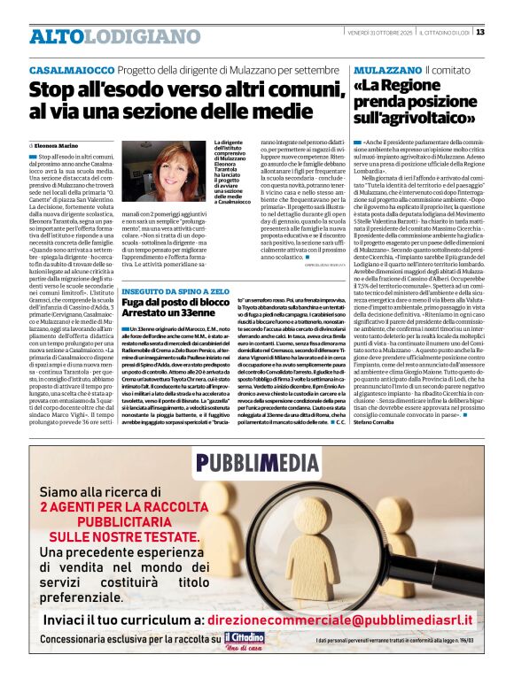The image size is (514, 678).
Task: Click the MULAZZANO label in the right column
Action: pyautogui.click(x=386, y=69)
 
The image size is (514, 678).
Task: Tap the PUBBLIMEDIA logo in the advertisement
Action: pyautogui.click(x=256, y=462)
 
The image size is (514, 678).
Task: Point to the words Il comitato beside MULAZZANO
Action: pyautogui.click(x=448, y=69)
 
